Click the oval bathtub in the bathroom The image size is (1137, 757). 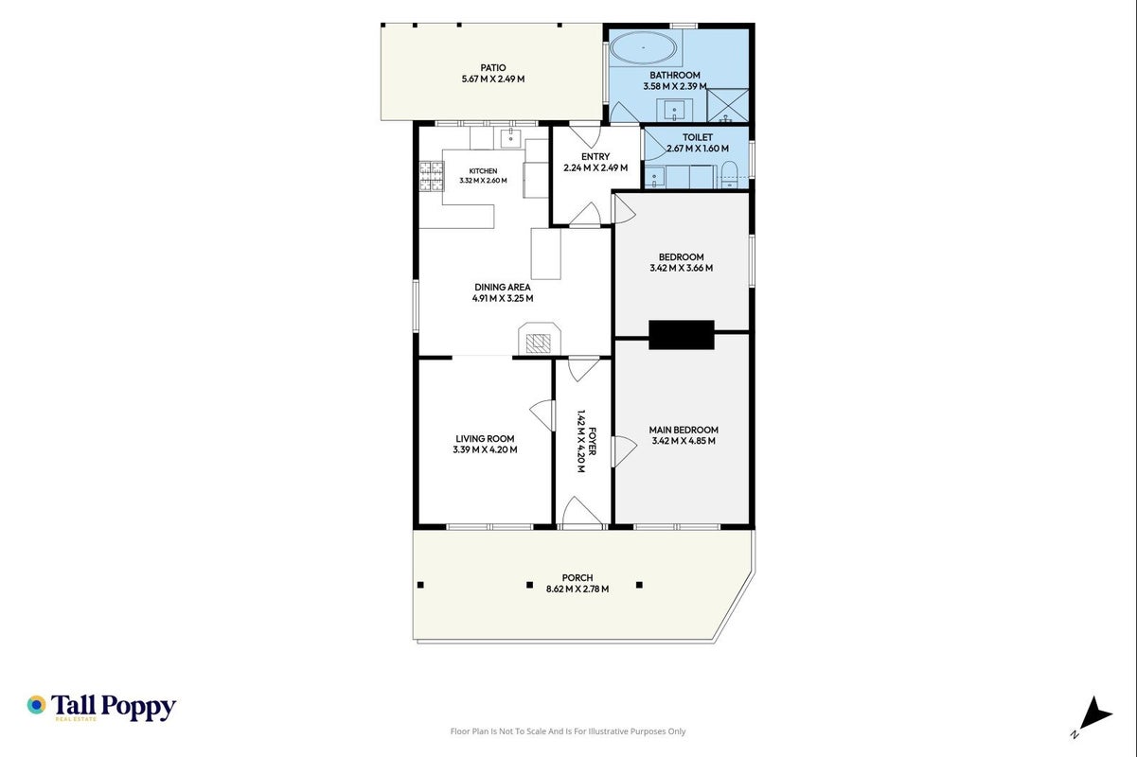pyautogui.click(x=643, y=47)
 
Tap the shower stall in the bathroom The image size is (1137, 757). pyautogui.click(x=727, y=106)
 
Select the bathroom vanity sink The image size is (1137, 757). pyautogui.click(x=674, y=110)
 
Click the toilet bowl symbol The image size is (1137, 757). pyautogui.click(x=728, y=174)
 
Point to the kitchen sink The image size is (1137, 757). pyautogui.click(x=510, y=137)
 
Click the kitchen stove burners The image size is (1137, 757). pyautogui.click(x=432, y=176)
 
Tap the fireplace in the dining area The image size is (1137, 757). pyautogui.click(x=539, y=339)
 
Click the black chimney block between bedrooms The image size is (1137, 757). pyautogui.click(x=682, y=334)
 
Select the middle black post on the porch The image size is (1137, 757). pyautogui.click(x=529, y=585)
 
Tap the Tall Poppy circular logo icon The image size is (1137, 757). pyautogui.click(x=37, y=705)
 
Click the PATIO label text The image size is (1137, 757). pyautogui.click(x=493, y=67)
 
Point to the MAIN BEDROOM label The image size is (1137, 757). pyautogui.click(x=684, y=430)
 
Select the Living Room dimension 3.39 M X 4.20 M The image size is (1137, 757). pyautogui.click(x=485, y=449)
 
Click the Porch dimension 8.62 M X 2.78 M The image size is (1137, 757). pyautogui.click(x=577, y=590)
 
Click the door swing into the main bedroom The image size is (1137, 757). pyautogui.click(x=624, y=451)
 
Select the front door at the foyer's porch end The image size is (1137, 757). pyautogui.click(x=581, y=510)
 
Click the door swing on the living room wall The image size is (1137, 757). pyautogui.click(x=542, y=415)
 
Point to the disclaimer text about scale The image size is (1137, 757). pyautogui.click(x=567, y=731)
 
